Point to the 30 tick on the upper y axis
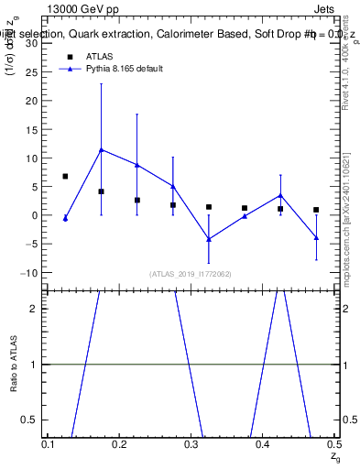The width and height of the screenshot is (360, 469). tap(31, 43)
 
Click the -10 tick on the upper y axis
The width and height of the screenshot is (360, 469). tap(28, 273)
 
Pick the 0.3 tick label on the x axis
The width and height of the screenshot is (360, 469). tap(191, 443)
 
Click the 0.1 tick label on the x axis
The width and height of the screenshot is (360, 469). tap(49, 443)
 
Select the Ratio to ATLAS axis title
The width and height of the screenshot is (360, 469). tap(14, 364)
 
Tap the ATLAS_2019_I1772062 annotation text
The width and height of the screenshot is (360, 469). tap(191, 274)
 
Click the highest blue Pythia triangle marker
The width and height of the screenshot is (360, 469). tap(101, 149)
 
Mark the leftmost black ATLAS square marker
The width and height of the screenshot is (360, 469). tap(65, 176)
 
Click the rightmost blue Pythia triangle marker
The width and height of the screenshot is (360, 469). tap(316, 238)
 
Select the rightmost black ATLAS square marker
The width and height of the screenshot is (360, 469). tap(316, 210)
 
